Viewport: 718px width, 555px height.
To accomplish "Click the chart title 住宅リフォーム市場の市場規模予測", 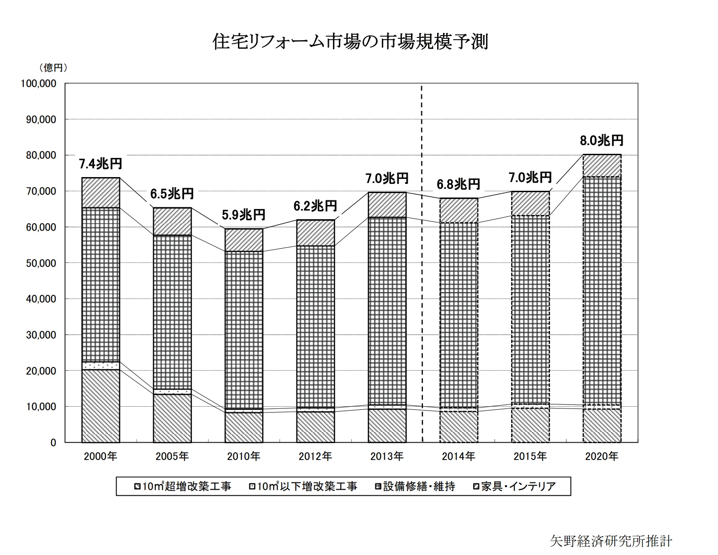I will click(350, 42).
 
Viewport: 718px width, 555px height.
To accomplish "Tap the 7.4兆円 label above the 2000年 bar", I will click(100, 163).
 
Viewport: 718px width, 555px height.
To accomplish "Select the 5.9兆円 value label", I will click(243, 214).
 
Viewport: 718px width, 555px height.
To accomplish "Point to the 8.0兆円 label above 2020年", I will click(602, 140).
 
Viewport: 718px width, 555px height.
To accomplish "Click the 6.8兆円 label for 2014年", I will click(458, 184).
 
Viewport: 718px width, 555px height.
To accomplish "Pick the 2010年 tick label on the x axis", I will click(243, 456).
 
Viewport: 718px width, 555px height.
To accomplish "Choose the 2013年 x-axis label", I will click(387, 456).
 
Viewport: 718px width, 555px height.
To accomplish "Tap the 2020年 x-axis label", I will click(602, 456).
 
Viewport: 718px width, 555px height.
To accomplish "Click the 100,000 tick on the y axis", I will click(38, 84).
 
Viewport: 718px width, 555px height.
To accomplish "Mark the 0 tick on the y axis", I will click(53, 443).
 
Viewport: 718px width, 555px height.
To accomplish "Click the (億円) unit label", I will click(54, 68).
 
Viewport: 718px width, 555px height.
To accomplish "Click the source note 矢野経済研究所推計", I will click(611, 541).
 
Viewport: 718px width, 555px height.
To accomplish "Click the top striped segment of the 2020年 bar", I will click(602, 166).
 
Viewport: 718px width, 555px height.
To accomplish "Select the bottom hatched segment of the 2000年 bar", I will click(100, 406).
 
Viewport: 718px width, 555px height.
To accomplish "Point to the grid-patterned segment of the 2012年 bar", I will click(315, 326).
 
